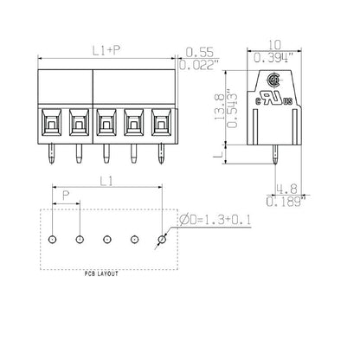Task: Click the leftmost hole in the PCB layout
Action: click(x=52, y=238)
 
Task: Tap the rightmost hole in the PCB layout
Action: click(x=161, y=238)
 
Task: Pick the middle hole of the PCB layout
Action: click(x=106, y=238)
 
